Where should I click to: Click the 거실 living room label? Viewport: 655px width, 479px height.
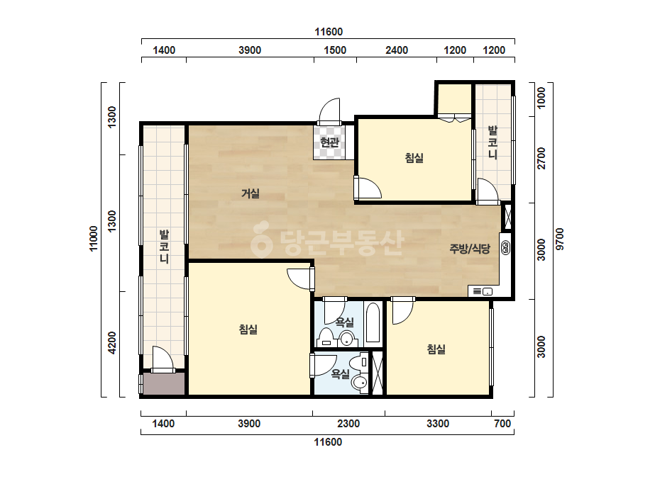pos(251,193)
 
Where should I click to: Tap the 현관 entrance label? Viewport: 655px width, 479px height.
pos(329,142)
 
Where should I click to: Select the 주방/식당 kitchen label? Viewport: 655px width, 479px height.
pos(470,249)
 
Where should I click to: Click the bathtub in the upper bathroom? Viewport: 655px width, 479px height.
pos(373,322)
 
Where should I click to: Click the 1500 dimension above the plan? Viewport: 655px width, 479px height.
pos(335,50)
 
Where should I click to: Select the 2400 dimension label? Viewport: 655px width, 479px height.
pos(397,50)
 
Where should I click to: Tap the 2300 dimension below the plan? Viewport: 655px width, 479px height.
pos(348,424)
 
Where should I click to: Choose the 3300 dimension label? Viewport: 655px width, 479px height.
pos(438,424)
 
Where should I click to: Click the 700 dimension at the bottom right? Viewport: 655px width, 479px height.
pos(502,424)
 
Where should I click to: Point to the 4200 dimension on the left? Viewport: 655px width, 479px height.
pos(112,343)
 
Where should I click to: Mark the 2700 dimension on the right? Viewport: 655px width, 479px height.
pos(541,158)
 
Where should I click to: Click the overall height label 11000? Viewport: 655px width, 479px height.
pos(94,238)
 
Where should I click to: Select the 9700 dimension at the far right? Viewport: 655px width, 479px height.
pos(560,239)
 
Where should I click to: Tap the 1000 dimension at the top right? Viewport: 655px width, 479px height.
pos(541,98)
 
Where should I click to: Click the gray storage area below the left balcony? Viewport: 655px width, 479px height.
pos(164,383)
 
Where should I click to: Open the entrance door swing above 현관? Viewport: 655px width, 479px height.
pos(329,111)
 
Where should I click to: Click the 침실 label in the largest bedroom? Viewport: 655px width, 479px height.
pos(248,329)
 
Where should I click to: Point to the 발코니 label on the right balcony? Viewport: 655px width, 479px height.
pos(493,142)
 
